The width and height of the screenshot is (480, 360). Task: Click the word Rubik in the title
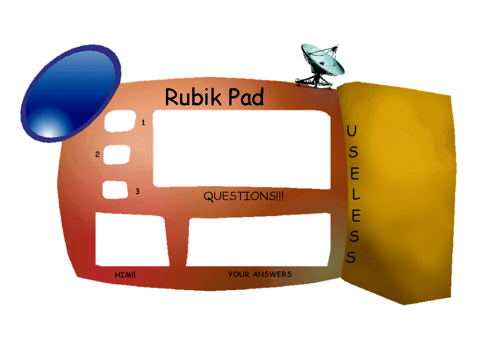point(188,97)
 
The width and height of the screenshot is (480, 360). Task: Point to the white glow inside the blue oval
point(49,128)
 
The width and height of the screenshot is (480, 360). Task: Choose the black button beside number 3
point(115,190)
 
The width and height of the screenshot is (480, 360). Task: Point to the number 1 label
point(143,122)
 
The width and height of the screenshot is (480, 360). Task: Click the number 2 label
point(98,155)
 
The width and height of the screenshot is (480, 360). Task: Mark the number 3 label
point(137,191)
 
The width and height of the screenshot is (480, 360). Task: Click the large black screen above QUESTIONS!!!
point(241,148)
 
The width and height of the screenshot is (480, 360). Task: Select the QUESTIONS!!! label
point(244,196)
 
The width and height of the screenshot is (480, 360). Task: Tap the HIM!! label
point(125,275)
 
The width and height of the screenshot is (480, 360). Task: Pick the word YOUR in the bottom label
point(238,274)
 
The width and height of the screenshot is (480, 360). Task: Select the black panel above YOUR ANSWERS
point(258,239)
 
